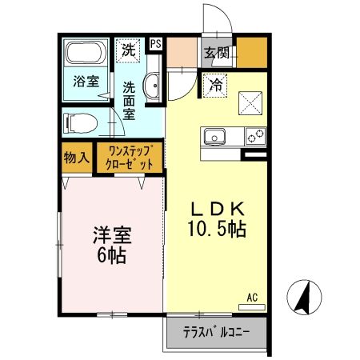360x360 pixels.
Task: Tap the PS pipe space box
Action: (x=154, y=45)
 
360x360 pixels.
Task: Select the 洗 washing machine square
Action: (x=129, y=50)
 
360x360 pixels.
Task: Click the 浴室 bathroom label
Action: (x=86, y=81)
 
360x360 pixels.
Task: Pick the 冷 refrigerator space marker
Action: (x=215, y=82)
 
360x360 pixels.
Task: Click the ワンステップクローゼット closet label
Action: (x=130, y=156)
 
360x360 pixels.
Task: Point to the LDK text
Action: (x=215, y=208)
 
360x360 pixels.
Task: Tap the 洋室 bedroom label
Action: (x=111, y=237)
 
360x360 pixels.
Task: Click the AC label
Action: (x=252, y=298)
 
